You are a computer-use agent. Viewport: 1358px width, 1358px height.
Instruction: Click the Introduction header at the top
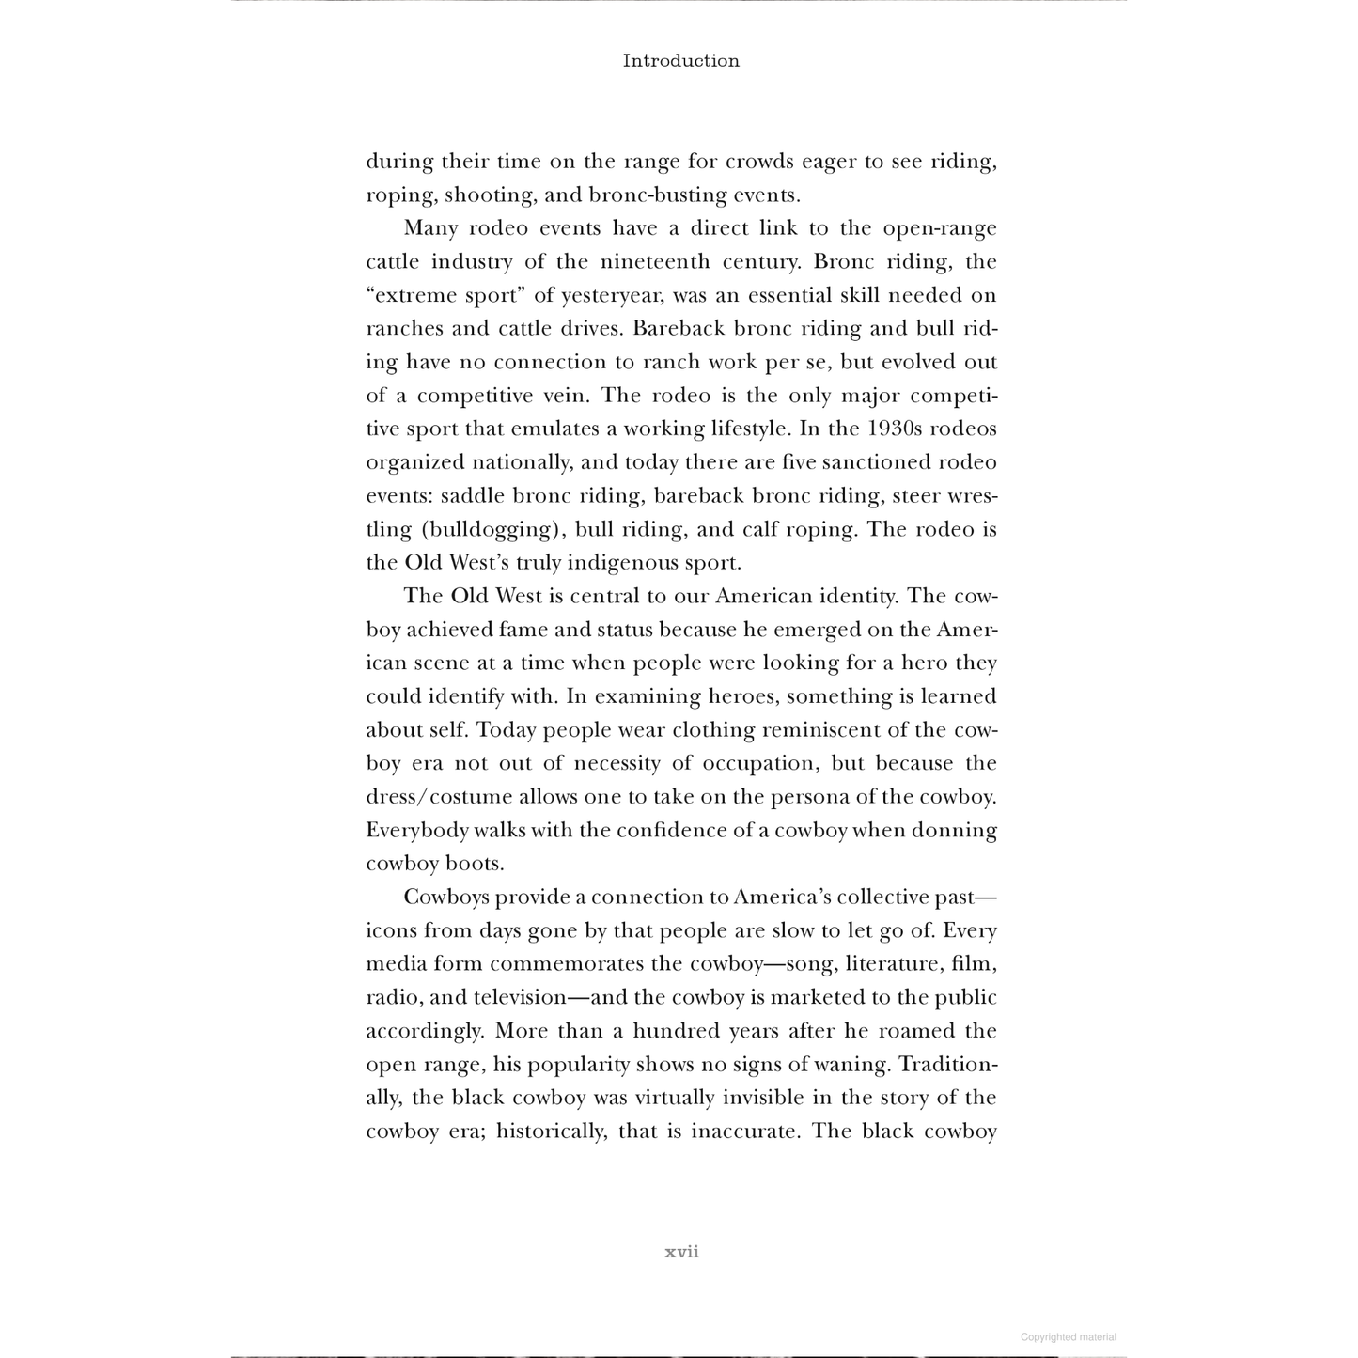pyautogui.click(x=680, y=61)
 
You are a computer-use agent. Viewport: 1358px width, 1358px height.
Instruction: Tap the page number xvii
pyautogui.click(x=681, y=1252)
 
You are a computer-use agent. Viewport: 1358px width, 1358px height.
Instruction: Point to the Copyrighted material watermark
pyautogui.click(x=1069, y=1336)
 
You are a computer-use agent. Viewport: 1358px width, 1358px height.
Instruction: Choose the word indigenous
pyautogui.click(x=615, y=563)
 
